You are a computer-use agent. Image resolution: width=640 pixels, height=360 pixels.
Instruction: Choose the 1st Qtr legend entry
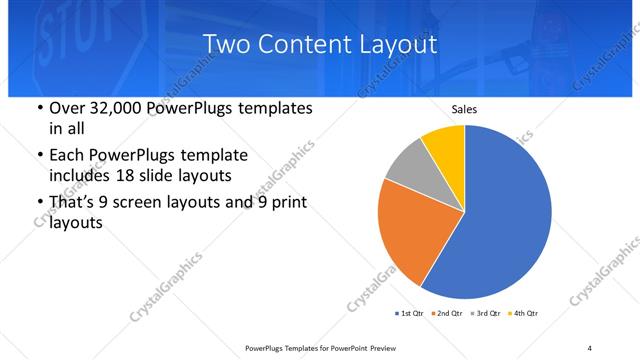(409, 314)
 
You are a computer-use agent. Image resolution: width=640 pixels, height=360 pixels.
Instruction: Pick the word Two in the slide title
(225, 44)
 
